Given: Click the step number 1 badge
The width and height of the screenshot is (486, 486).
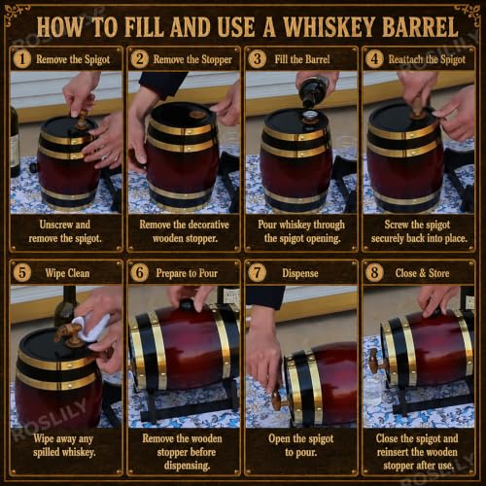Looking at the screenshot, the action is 22,59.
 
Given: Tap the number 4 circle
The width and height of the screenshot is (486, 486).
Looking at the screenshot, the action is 374,59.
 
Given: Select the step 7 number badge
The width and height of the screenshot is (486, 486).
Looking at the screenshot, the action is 257,273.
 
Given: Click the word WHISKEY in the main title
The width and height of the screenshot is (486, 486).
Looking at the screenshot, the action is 328,27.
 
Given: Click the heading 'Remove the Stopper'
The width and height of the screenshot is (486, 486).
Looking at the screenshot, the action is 192,59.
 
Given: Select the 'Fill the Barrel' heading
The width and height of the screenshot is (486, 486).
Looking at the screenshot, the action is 302,59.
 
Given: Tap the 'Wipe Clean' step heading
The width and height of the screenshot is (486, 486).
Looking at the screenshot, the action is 67,273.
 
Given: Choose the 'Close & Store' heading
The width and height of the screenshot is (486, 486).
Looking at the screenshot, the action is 422,273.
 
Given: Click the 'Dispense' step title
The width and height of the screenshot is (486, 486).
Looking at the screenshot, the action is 300,273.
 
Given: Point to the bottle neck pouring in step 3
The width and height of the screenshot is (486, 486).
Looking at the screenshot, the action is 310,95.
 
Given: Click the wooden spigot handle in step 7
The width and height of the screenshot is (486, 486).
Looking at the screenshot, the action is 276,401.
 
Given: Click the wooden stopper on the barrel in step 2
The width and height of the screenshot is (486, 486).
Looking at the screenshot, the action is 195,115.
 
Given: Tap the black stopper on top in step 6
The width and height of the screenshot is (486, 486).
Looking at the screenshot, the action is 187,305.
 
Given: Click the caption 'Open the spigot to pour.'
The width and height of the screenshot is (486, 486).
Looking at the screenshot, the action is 300,445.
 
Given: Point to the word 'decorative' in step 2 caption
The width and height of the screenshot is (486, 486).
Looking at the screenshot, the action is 209,225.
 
